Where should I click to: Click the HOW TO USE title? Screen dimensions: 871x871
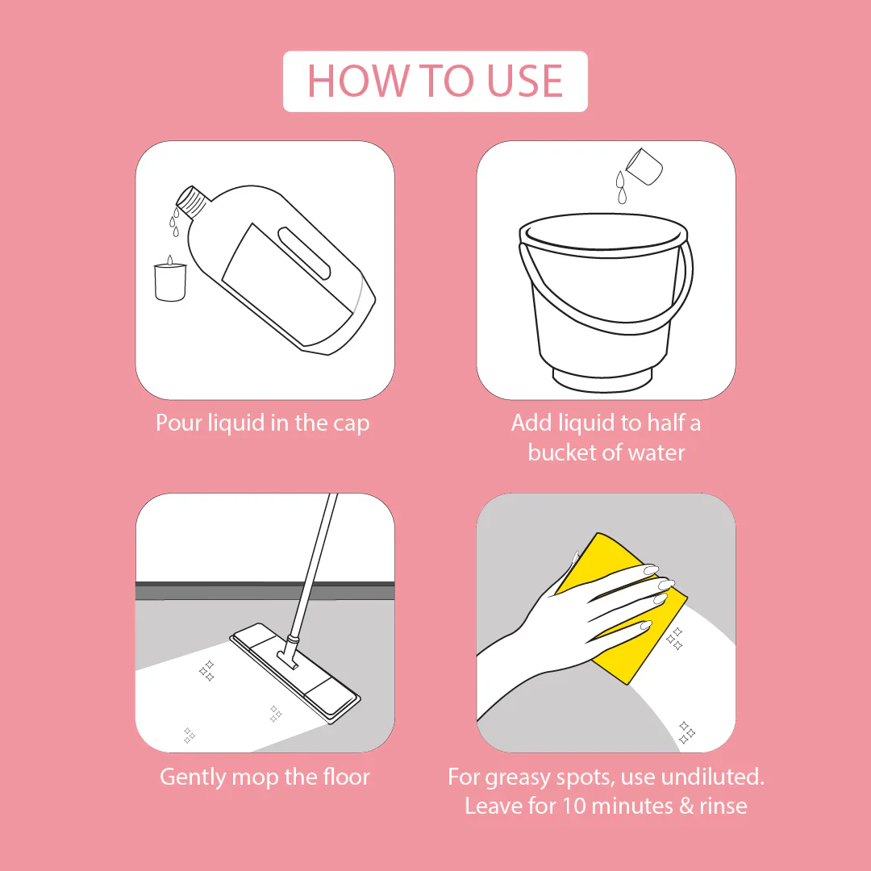click(435, 81)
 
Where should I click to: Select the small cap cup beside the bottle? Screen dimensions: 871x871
click(169, 281)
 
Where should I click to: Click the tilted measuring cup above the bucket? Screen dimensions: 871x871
click(645, 165)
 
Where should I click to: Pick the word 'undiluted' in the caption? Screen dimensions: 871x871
click(712, 777)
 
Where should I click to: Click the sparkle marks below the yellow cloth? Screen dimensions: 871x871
click(686, 732)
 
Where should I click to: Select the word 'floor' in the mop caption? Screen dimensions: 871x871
click(345, 777)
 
